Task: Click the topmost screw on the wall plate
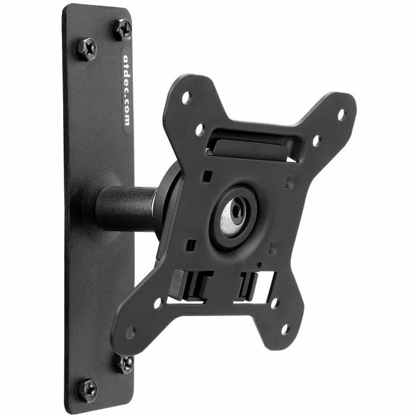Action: coord(123,29)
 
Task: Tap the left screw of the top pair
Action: coord(87,49)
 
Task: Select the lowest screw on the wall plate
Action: coord(88,391)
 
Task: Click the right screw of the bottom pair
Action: coord(125,364)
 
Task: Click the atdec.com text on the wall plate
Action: coord(127,90)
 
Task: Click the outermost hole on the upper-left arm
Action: coord(187,97)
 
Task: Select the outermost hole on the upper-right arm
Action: coord(341,114)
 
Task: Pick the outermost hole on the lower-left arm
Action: coord(130,332)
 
